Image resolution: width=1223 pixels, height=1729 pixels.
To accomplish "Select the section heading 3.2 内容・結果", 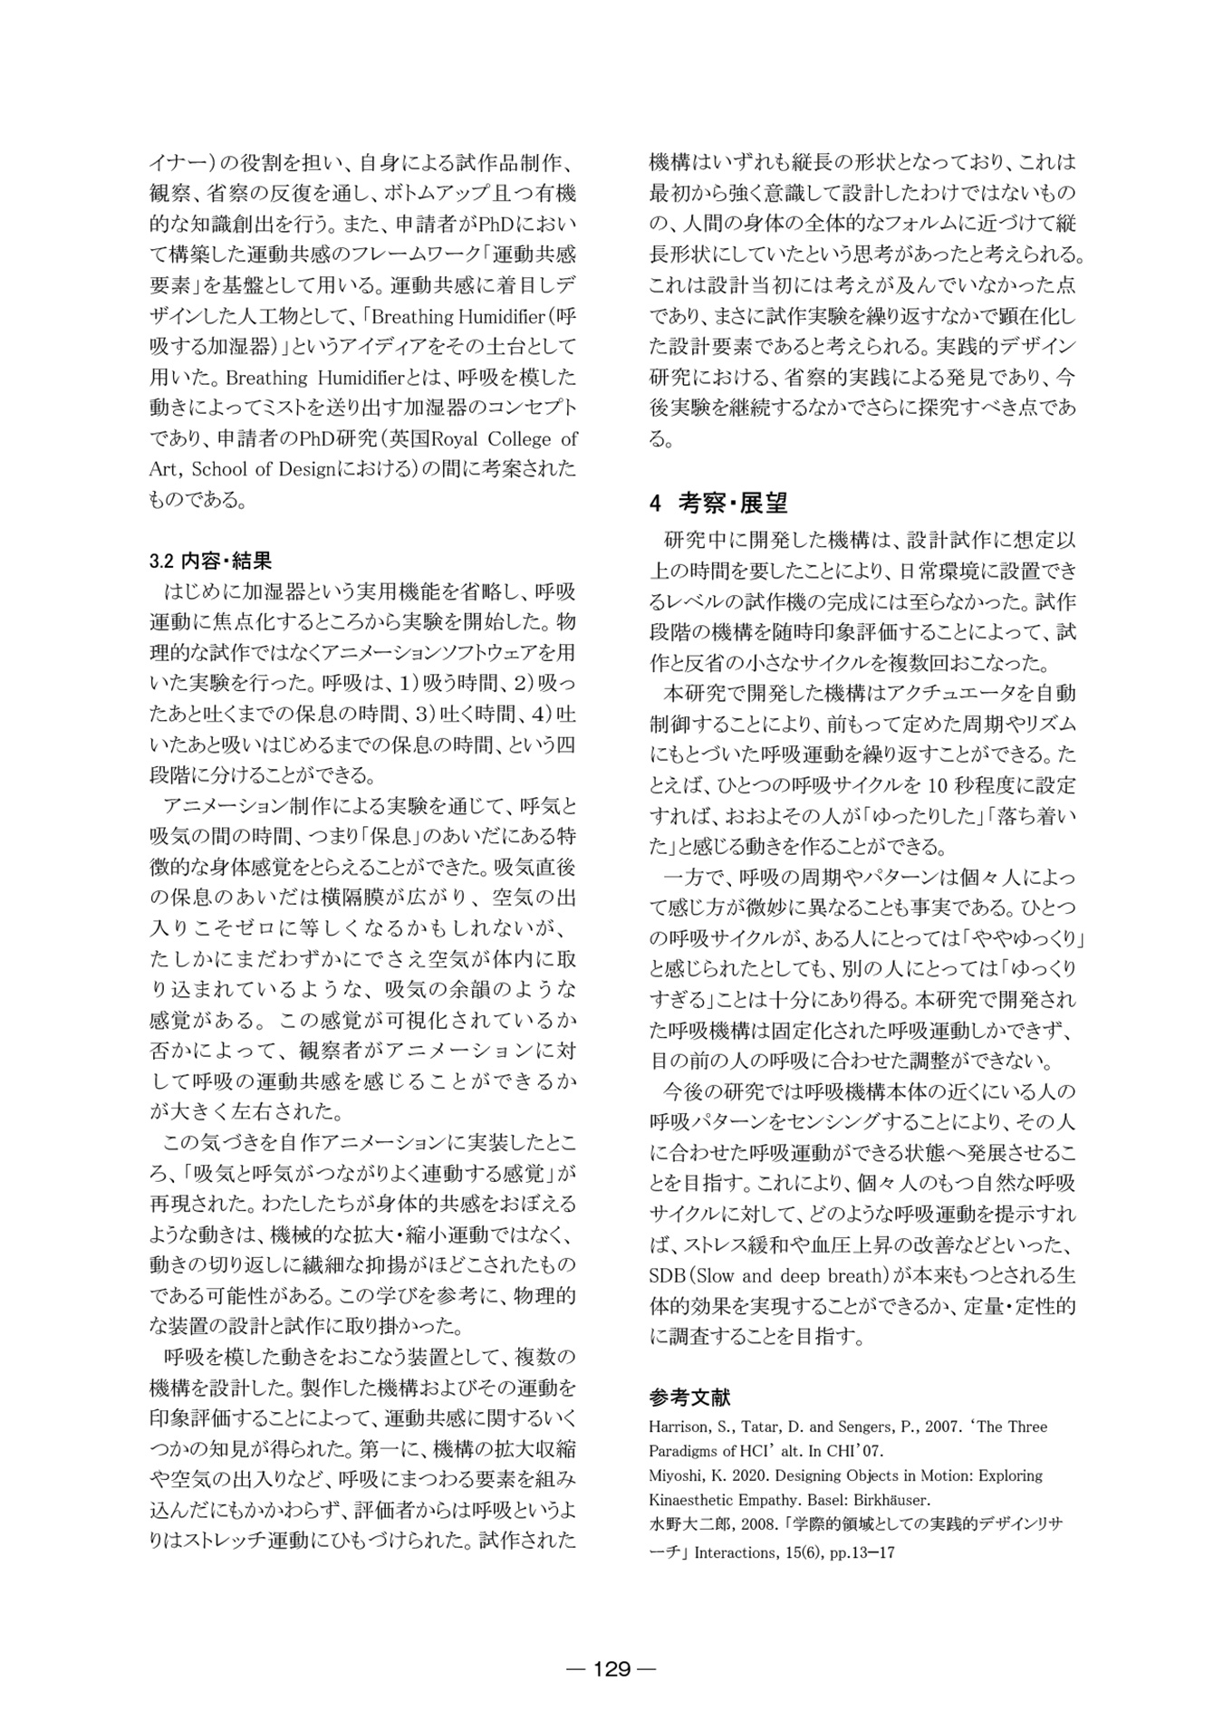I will pyautogui.click(x=210, y=561).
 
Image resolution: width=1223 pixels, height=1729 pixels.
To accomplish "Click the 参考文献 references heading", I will pyautogui.click(x=689, y=1396).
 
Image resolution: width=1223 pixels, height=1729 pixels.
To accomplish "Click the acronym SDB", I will pyautogui.click(x=668, y=1275).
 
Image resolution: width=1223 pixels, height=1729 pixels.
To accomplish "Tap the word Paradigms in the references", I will pyautogui.click(x=686, y=1450).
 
